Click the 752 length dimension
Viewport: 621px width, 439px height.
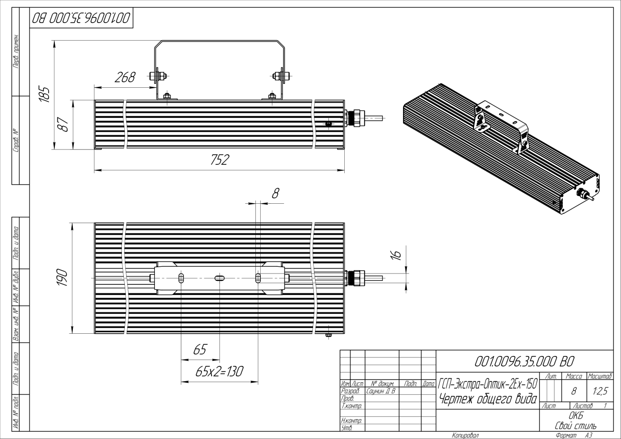tap(219, 161)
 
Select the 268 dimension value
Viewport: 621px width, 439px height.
tap(124, 78)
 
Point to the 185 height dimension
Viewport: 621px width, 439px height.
tap(45, 93)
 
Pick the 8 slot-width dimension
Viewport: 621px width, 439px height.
tap(275, 193)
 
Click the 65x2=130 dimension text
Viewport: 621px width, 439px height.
tap(219, 372)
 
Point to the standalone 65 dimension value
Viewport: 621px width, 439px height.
tap(200, 350)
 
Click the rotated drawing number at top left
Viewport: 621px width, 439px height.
tap(81, 19)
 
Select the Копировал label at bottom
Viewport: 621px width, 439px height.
tap(465, 435)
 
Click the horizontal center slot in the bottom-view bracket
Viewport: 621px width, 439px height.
tap(219, 278)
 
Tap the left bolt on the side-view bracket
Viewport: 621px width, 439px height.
tap(157, 75)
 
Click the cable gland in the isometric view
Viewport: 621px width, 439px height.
tap(580, 193)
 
